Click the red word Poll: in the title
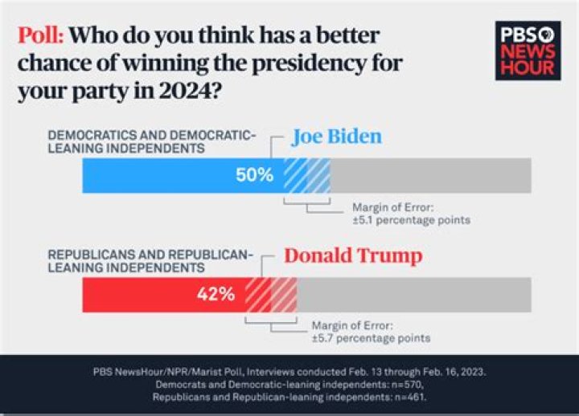40,37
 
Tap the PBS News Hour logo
528,50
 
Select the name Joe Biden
336,137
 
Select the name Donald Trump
353,257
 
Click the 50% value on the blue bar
254,175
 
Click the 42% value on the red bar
216,294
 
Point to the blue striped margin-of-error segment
306,175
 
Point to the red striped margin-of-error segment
271,294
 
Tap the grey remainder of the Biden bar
430,175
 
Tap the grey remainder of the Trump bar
413,294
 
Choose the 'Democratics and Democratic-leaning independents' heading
153,142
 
